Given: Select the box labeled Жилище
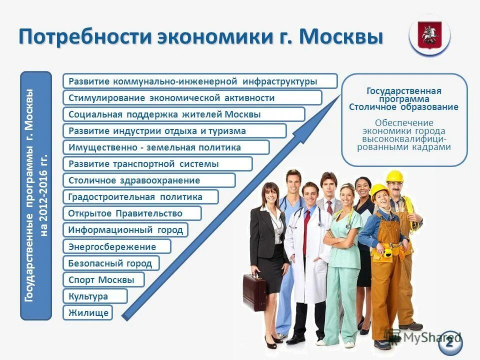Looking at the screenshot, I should click(x=87, y=312).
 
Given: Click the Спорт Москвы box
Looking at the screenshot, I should click(x=103, y=279).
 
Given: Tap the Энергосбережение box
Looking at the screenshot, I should click(x=116, y=246).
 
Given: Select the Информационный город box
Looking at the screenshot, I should click(x=125, y=230).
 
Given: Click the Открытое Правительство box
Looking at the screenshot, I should click(x=132, y=213).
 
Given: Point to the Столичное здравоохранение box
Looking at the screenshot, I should click(x=149, y=180).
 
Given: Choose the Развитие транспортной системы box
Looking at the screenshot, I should click(x=157, y=164).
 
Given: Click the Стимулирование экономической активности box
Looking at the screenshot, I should click(x=192, y=98).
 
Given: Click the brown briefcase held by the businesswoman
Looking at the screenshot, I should click(x=254, y=292).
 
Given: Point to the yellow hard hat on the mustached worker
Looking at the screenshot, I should click(x=394, y=176).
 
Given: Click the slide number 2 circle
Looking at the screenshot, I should click(x=450, y=342).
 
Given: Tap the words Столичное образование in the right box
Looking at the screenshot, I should click(x=403, y=107).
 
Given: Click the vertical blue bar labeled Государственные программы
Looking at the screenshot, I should click(x=36, y=195).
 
